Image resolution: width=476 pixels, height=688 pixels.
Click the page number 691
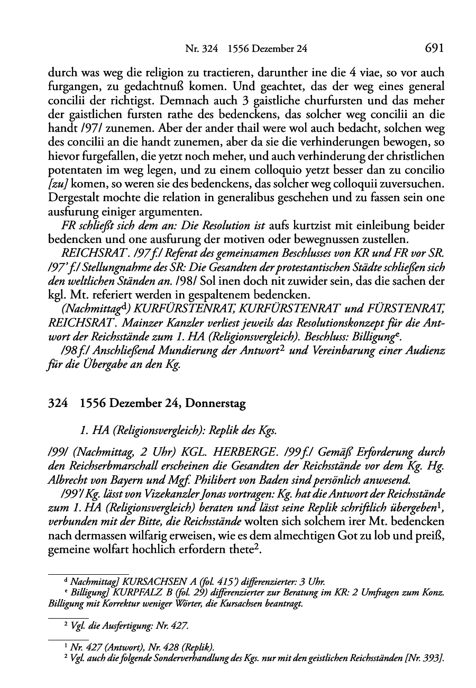pos(434,49)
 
